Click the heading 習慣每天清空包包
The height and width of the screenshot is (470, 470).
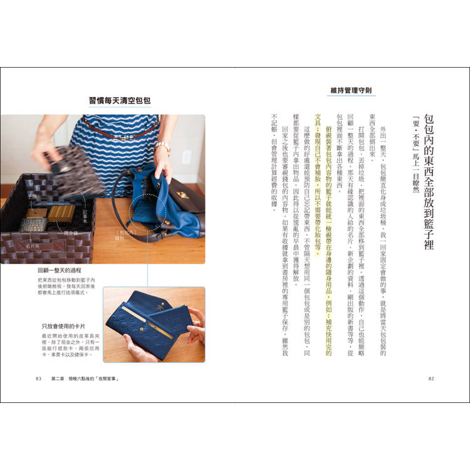[120, 100]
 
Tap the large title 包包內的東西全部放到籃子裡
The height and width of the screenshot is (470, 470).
[429, 182]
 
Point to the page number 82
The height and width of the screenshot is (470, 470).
[431, 379]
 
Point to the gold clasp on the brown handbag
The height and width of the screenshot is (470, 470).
[184, 196]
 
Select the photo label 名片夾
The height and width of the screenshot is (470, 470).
[32, 246]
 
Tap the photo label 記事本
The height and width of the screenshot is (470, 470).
[85, 212]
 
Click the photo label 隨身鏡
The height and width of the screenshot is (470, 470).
[70, 232]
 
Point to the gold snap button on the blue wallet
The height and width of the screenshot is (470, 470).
[146, 325]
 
